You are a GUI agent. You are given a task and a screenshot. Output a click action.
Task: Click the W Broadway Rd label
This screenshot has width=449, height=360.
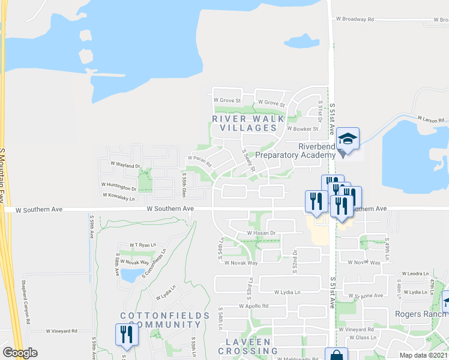pos(354,19)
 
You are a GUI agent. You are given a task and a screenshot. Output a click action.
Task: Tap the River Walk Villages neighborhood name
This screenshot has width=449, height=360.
pos(248,123)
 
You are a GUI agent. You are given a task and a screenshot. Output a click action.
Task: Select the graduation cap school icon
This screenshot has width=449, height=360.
pos(348,139)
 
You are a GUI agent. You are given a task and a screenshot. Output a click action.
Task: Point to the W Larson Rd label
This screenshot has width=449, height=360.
pos(432,121)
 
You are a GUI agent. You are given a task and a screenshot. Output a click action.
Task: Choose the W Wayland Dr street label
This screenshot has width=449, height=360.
pos(125,164)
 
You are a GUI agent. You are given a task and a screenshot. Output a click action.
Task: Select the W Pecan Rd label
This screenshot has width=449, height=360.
pos(200,160)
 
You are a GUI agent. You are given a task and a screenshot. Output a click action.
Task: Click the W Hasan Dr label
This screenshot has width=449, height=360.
pos(261,233)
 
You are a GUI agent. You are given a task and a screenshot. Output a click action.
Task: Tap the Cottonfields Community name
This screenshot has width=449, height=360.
pos(164,320)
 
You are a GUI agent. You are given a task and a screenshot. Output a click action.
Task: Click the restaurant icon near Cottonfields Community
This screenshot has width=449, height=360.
pos(126,334)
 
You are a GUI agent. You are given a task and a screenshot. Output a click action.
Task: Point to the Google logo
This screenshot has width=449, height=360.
pos(20,353)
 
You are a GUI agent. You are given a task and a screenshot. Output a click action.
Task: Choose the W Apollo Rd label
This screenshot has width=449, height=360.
pos(253,306)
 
